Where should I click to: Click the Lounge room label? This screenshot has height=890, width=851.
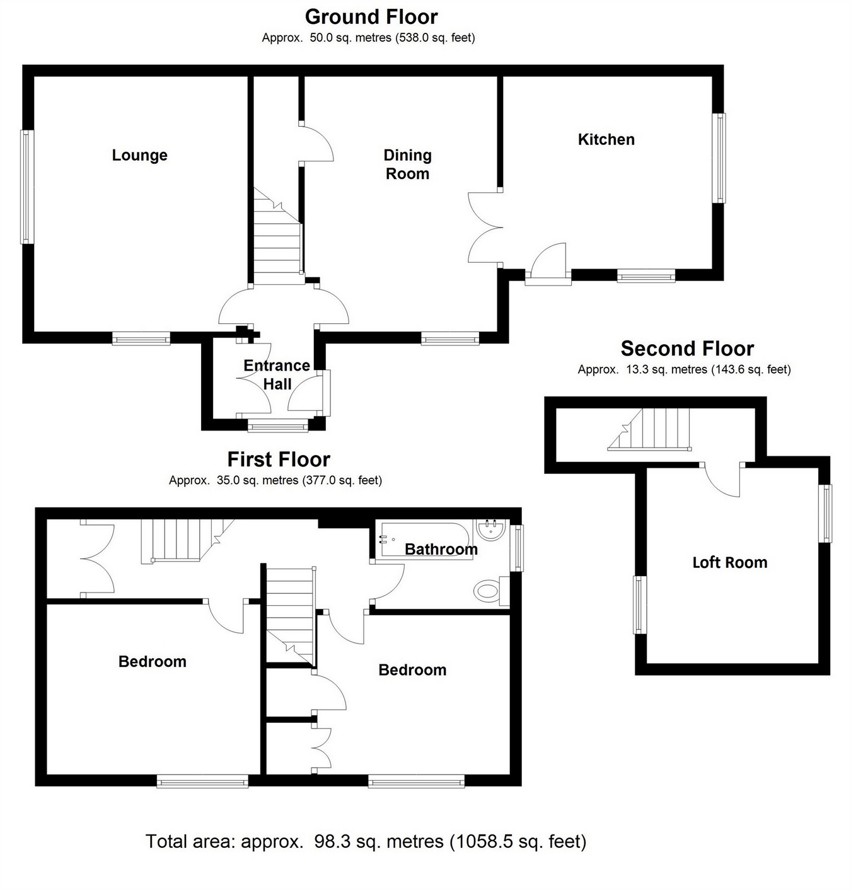(x=139, y=155)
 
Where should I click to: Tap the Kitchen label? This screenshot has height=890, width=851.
(x=606, y=139)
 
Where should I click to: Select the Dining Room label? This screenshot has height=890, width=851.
(x=407, y=164)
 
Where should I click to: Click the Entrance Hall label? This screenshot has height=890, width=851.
(x=277, y=374)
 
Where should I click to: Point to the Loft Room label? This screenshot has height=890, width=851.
(x=729, y=562)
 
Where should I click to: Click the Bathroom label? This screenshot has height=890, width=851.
(x=441, y=549)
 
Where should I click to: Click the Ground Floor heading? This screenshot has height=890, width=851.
(x=371, y=17)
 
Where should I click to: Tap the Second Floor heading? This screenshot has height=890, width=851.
(x=687, y=349)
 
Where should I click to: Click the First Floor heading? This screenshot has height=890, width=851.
(x=279, y=459)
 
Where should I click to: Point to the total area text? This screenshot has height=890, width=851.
(x=366, y=841)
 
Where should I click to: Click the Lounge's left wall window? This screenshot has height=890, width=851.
(x=26, y=187)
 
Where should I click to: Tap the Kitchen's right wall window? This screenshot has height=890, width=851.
(x=719, y=158)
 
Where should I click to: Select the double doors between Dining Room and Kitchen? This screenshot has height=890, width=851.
(x=484, y=227)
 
